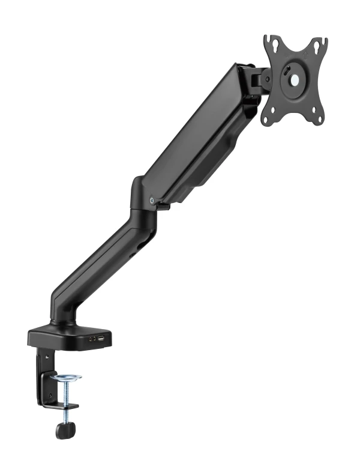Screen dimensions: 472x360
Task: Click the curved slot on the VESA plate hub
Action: tap(285, 77)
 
